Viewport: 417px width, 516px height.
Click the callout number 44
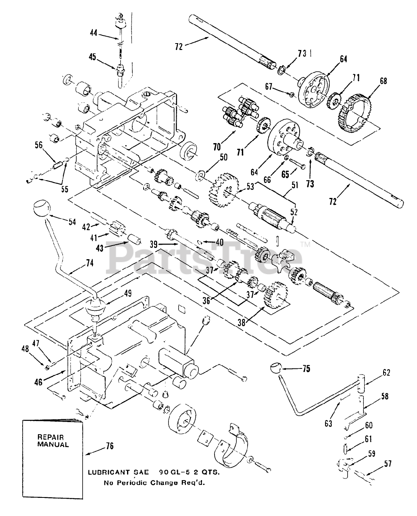[x=93, y=33]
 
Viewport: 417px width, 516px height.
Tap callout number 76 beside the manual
[x=108, y=446]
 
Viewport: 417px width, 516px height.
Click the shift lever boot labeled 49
[x=96, y=309]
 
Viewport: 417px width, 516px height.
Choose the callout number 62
[x=386, y=373]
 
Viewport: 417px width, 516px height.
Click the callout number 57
[x=388, y=464]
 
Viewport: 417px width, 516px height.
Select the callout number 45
[x=93, y=57]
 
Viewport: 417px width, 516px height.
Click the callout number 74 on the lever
[x=89, y=263]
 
